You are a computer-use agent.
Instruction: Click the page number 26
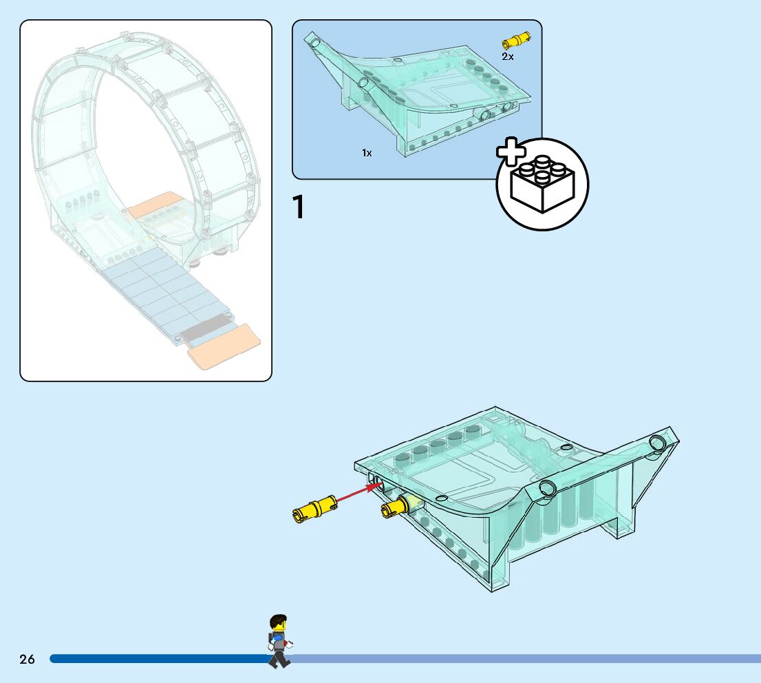[x=27, y=659]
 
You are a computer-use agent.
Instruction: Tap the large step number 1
[x=299, y=208]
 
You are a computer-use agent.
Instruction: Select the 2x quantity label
[x=507, y=56]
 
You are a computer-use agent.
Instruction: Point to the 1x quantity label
[x=367, y=153]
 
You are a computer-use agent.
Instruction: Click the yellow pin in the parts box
[x=517, y=40]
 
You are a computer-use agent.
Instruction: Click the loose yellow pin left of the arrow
[x=314, y=508]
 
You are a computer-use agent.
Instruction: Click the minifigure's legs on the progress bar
[x=279, y=659]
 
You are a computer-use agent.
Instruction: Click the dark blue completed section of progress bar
[x=158, y=659]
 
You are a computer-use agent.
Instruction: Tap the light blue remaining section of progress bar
[x=523, y=659]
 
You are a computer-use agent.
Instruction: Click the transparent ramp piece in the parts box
[x=413, y=96]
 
